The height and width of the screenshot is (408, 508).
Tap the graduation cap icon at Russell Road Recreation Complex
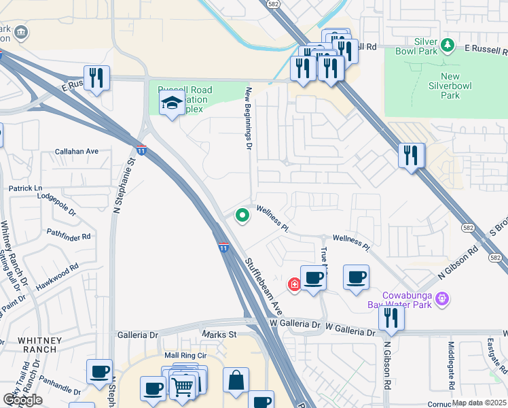[172, 104]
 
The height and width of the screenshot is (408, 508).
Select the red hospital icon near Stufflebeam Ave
[294, 284]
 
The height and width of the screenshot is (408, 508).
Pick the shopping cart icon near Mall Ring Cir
[182, 387]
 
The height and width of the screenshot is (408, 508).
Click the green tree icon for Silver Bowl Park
[448, 46]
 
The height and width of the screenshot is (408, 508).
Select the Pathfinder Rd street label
[68, 237]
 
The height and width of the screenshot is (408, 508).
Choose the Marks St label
[219, 335]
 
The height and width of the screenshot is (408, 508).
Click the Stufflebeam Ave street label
[259, 284]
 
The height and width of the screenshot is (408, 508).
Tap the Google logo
[22, 400]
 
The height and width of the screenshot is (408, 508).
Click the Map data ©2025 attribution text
[478, 403]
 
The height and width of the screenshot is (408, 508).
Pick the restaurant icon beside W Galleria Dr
[391, 317]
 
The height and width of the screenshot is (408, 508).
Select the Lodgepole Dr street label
[56, 203]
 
